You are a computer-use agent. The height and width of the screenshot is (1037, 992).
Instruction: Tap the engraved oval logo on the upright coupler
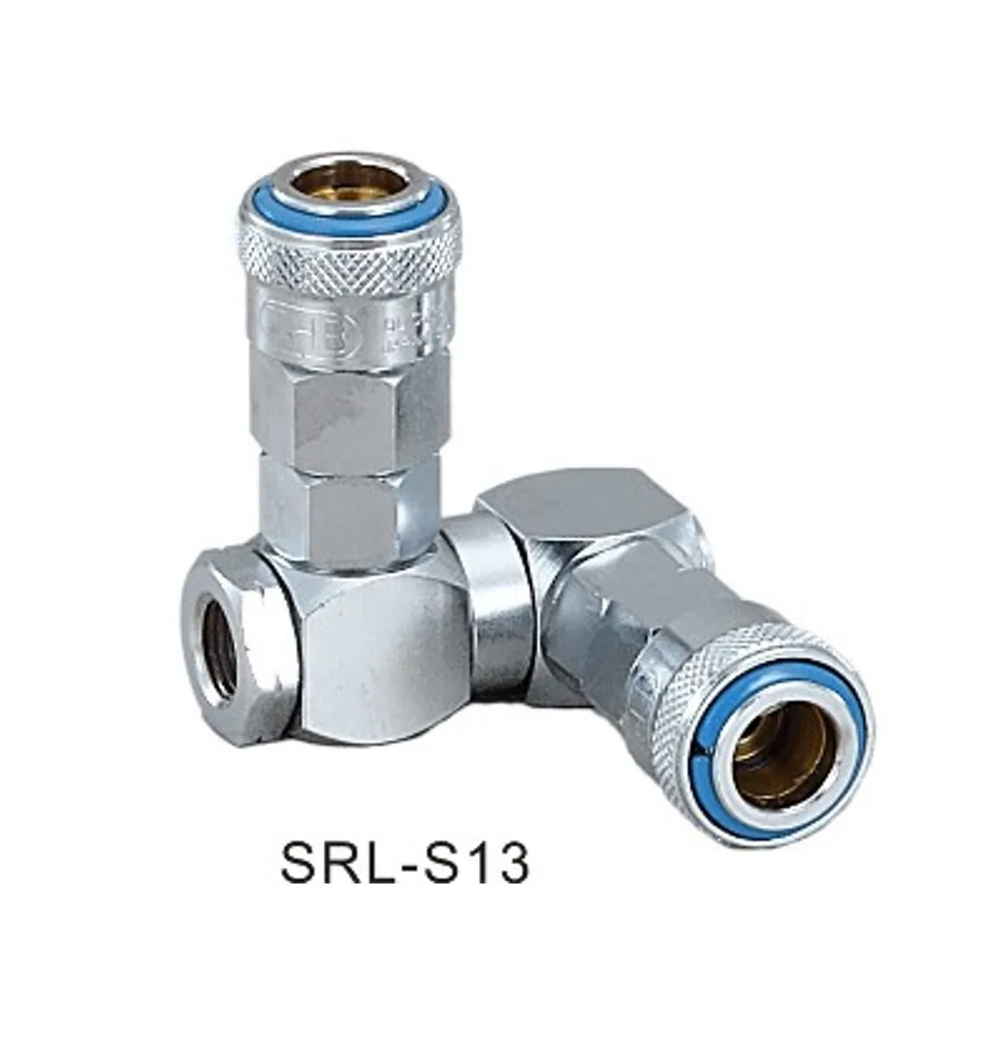[x=301, y=319]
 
